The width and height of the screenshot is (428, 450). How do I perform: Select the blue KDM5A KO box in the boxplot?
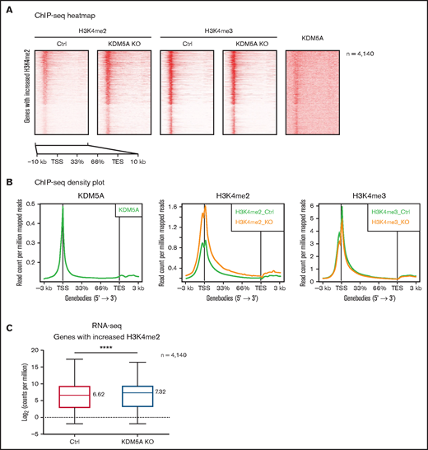(139, 386)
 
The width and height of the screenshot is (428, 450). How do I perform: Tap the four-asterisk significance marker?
(106, 349)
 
